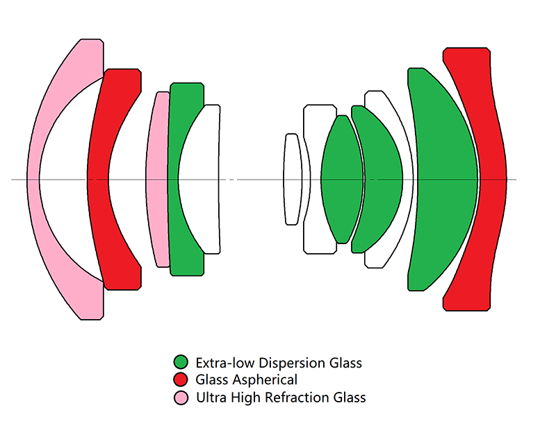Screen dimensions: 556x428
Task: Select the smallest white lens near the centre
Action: (x=292, y=179)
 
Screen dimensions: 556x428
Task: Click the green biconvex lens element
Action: (x=342, y=179)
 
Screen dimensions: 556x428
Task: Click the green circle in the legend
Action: (x=181, y=362)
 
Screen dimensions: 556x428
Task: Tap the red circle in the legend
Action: (x=181, y=379)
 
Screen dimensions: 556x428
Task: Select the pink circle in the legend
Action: (x=181, y=397)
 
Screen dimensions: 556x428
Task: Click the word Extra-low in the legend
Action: (x=225, y=363)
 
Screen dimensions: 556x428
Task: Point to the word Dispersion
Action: (x=293, y=363)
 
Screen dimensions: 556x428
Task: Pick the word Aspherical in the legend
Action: (x=265, y=380)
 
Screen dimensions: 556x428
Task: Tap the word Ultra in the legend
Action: (x=211, y=397)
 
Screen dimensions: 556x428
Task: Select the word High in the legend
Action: (x=246, y=398)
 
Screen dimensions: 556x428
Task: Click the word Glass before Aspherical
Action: (x=212, y=380)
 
